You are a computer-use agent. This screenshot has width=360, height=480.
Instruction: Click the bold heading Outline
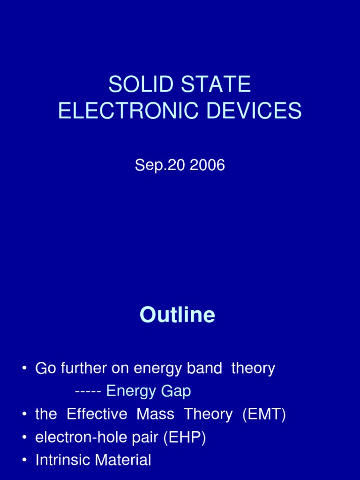(177, 315)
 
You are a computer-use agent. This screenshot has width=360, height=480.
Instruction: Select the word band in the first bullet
(203, 368)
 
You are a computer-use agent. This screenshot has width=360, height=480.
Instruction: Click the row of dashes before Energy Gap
(88, 391)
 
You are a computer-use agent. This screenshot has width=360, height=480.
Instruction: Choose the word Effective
(97, 414)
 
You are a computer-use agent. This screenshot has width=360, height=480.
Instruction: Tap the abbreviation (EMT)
(264, 414)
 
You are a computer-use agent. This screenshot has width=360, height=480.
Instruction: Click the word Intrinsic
(63, 460)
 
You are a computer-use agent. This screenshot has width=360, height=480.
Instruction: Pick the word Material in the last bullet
(123, 460)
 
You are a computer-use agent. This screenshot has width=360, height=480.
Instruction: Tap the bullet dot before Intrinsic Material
(24, 461)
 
